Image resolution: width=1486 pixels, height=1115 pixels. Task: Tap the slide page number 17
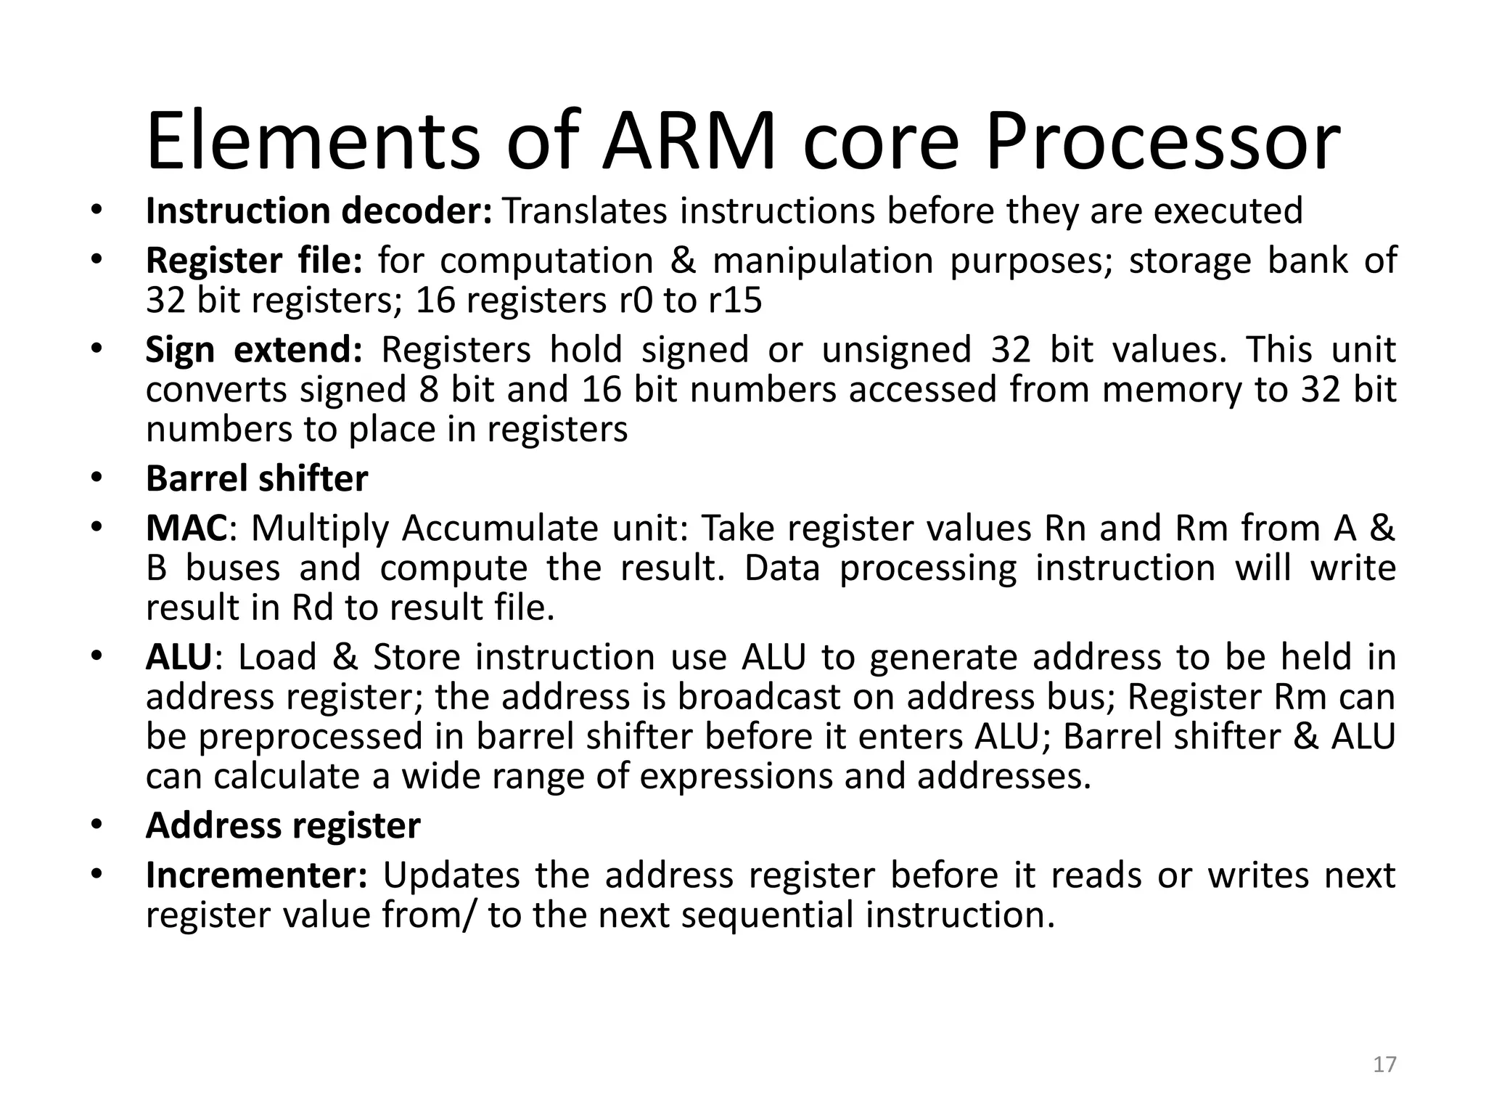1385,1064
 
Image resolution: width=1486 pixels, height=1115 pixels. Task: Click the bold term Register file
253,261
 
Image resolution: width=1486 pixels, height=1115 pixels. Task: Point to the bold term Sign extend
253,350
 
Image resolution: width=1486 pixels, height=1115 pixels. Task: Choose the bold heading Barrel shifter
257,479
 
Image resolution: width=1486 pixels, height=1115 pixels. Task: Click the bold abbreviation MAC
186,528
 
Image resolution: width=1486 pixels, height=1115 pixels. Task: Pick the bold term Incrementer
257,875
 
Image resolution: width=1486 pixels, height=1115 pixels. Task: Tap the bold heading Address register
283,826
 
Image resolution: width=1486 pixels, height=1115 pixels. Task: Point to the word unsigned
896,350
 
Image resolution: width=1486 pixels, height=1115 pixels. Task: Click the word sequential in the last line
767,915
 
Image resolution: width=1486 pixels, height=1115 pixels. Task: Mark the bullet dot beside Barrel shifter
97,479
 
